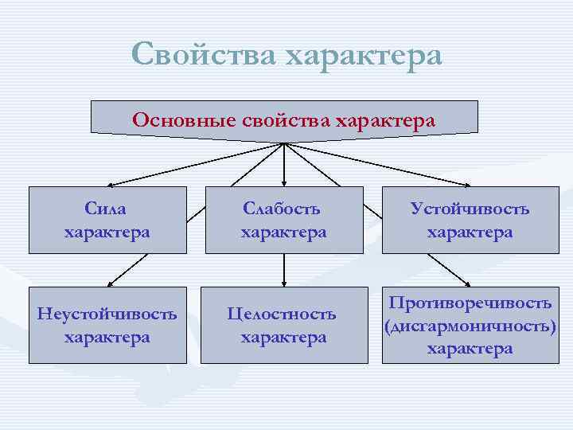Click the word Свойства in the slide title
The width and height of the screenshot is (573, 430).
click(203, 55)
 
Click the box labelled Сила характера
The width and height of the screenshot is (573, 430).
click(107, 220)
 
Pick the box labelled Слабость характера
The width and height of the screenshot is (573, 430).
click(284, 220)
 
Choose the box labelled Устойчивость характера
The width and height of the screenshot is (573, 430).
click(470, 220)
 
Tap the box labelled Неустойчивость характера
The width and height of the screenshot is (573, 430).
click(107, 325)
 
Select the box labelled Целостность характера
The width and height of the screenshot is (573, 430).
click(284, 325)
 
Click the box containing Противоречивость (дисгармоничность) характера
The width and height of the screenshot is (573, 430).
click(470, 325)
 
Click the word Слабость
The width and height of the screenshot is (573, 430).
click(283, 209)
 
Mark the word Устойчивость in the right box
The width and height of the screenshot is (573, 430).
click(470, 209)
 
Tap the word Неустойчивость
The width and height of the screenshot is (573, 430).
click(107, 314)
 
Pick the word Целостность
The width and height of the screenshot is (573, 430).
click(282, 314)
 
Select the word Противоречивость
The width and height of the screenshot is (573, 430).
click(470, 303)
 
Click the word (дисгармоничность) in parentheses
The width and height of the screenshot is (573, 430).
click(470, 326)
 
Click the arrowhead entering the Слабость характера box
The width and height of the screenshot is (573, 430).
click(284, 183)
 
